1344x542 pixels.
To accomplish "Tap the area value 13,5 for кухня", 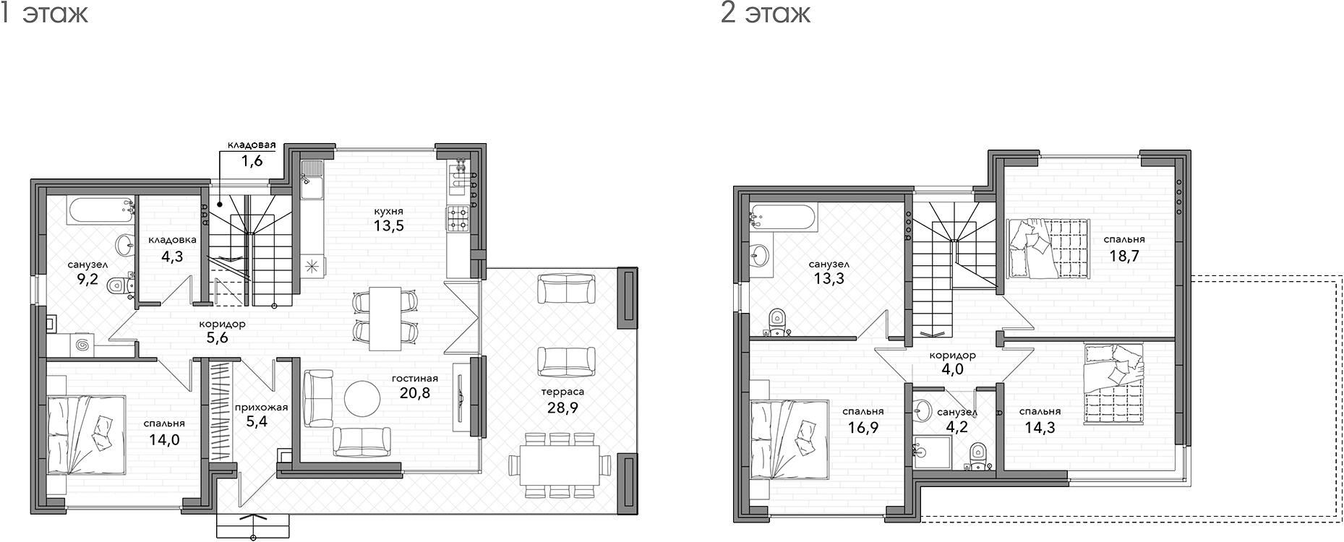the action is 388,225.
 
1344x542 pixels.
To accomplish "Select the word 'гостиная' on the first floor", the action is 415,378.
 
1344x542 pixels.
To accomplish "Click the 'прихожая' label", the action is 261,407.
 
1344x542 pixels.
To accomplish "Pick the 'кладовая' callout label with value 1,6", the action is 251,145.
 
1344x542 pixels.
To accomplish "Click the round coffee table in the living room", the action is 361,397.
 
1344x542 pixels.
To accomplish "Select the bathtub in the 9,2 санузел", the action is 102,211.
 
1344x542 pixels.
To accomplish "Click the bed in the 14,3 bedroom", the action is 1114,384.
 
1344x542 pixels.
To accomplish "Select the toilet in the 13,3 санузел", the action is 777,322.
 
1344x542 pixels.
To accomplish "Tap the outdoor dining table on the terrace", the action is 554,465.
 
